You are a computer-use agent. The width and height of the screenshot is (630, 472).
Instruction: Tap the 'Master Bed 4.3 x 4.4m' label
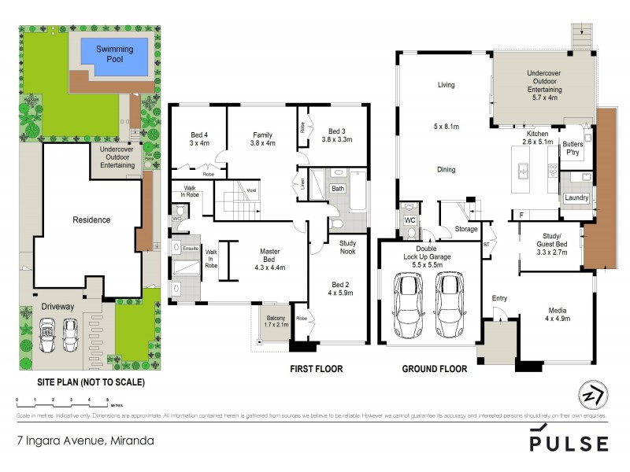pyautogui.click(x=271, y=260)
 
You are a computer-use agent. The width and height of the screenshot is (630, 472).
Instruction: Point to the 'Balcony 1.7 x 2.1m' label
pyautogui.click(x=276, y=323)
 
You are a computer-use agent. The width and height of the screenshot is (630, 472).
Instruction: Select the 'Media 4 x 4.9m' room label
pyautogui.click(x=557, y=313)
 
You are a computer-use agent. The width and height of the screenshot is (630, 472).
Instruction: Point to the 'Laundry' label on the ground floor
pyautogui.click(x=576, y=197)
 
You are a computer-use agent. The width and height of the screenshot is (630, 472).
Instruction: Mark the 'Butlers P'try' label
pyautogui.click(x=573, y=149)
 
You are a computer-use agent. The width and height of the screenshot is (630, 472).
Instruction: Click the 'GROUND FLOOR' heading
pyautogui.click(x=435, y=368)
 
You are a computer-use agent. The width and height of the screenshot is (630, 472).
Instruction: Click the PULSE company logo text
pyautogui.click(x=568, y=444)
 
